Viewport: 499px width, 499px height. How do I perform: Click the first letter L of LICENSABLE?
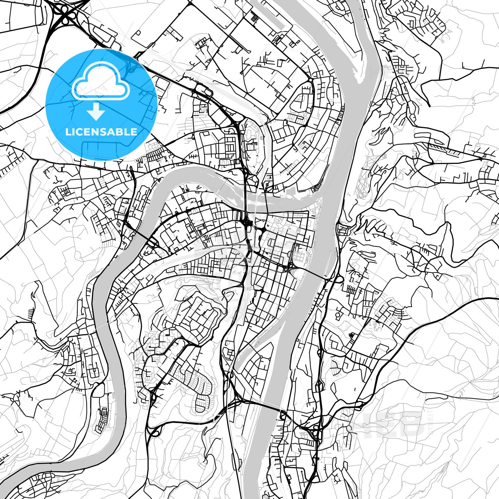tap(68, 132)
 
